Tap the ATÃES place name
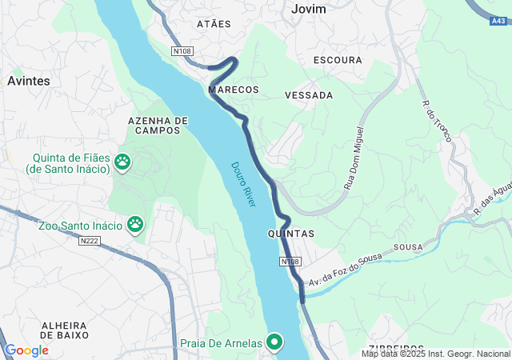(x=214, y=25)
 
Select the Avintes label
(x=29, y=81)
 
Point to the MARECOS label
(x=234, y=90)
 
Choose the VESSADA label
(x=309, y=95)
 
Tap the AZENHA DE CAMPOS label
(x=158, y=125)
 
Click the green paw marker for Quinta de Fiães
(x=122, y=162)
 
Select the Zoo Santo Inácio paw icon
(x=135, y=226)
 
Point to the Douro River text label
(x=243, y=185)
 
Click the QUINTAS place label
(x=290, y=234)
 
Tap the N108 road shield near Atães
(x=182, y=51)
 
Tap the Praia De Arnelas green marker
(x=275, y=342)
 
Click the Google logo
(x=26, y=350)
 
